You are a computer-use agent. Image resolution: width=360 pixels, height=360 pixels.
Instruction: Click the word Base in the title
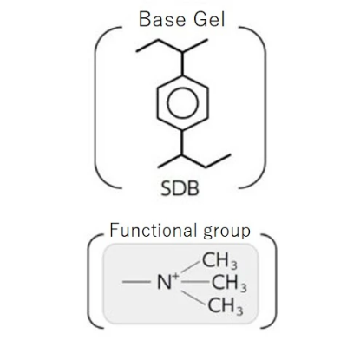(162, 19)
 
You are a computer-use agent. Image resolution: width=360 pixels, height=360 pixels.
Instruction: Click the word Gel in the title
(209, 19)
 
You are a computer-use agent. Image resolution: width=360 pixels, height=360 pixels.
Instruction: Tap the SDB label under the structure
(180, 188)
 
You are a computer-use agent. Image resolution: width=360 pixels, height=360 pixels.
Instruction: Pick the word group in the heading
(226, 232)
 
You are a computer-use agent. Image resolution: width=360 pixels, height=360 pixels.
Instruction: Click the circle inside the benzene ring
(183, 102)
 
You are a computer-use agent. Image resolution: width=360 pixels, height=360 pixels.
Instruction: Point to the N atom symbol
(164, 282)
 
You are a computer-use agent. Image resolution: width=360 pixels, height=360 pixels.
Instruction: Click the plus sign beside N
(175, 276)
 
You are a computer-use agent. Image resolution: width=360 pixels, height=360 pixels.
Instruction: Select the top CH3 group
(219, 260)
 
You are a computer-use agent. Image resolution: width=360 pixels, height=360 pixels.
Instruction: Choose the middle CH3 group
(229, 283)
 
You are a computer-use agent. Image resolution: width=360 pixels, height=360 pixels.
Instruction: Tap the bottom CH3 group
(226, 305)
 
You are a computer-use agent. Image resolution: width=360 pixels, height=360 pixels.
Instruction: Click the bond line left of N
(136, 282)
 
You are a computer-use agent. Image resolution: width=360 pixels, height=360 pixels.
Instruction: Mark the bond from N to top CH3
(191, 266)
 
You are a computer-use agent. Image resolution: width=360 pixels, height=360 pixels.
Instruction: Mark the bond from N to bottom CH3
(193, 298)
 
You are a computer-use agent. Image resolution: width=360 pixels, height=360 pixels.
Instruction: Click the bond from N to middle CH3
(196, 282)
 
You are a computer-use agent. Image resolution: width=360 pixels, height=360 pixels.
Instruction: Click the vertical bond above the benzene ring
(182, 64)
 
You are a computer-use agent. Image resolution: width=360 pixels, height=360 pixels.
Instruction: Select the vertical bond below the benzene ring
(182, 142)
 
